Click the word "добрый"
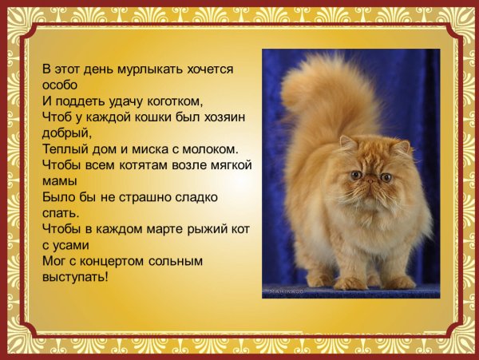tap(65, 133)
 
